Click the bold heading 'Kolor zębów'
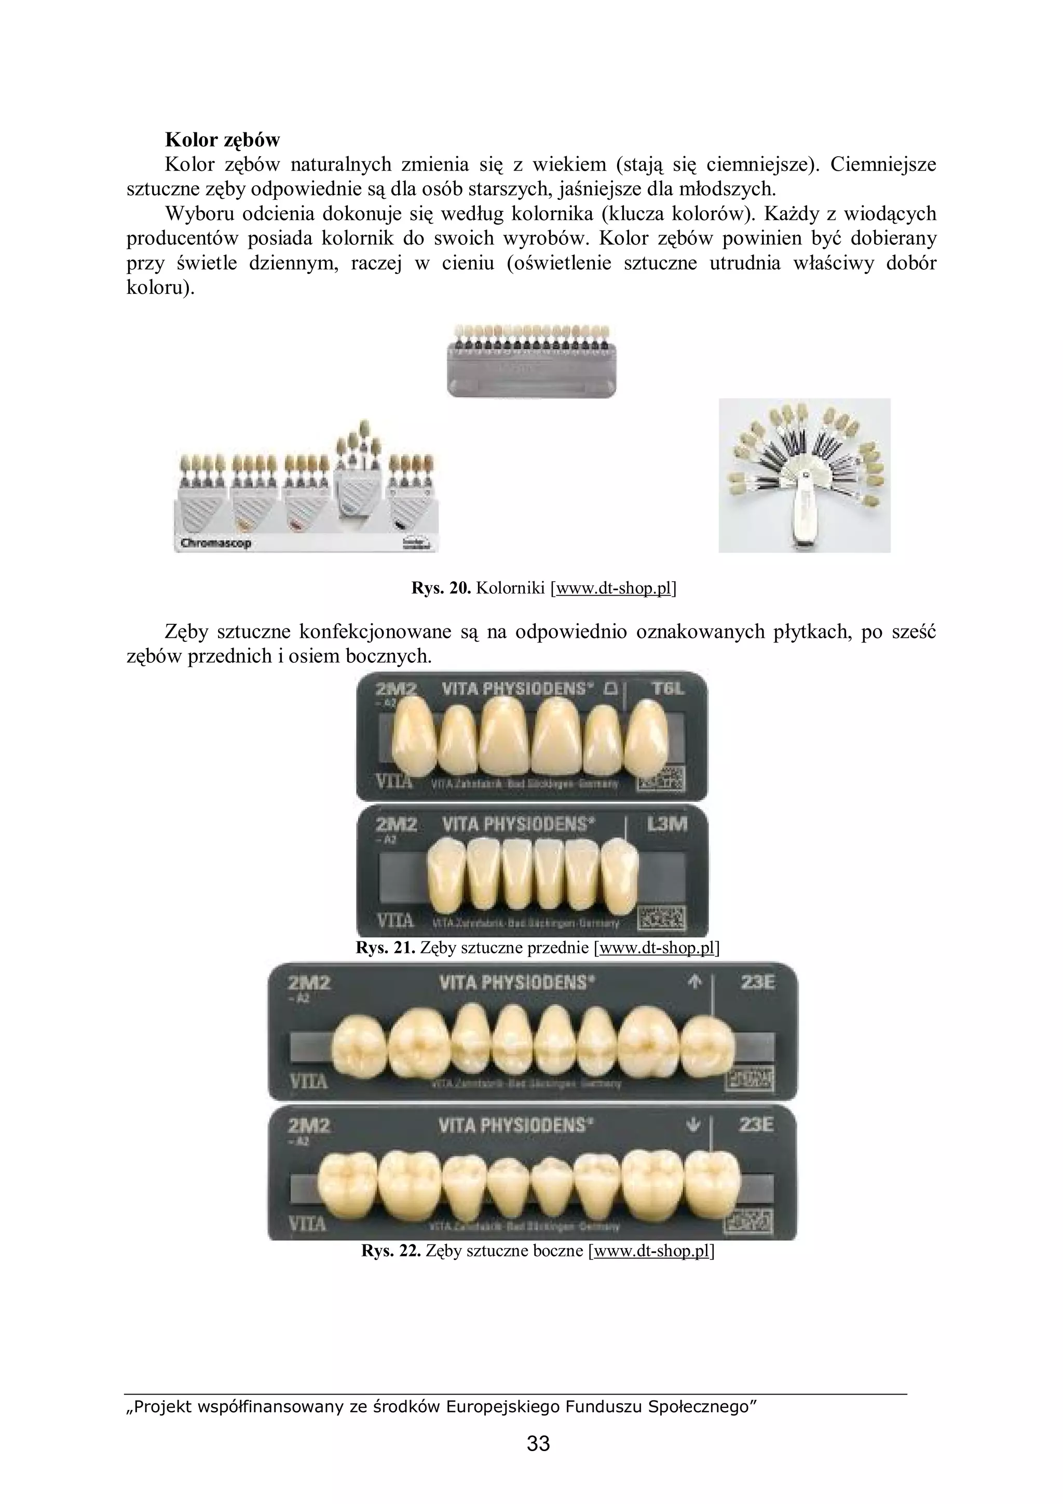[x=222, y=140]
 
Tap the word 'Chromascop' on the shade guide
[x=216, y=543]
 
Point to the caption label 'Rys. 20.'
[x=441, y=588]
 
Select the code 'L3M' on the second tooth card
[x=667, y=824]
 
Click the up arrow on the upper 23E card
[x=696, y=982]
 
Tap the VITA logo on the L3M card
[x=394, y=920]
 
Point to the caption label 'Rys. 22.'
[x=390, y=1251]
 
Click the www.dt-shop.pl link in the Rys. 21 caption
[x=656, y=947]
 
